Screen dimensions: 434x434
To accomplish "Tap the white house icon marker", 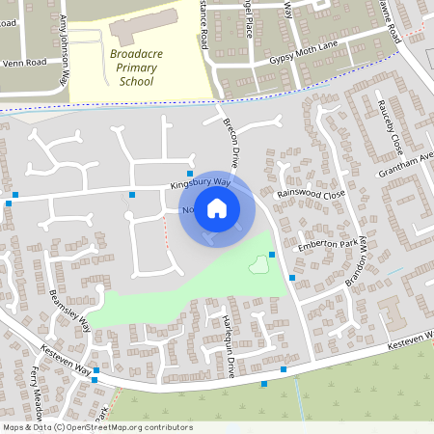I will [217, 208].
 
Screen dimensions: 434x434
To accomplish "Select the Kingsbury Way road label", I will [201, 182].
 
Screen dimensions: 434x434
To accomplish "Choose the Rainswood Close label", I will [311, 194].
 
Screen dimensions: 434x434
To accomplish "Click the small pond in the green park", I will [258, 264].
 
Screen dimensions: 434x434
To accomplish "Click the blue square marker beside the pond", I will [272, 255].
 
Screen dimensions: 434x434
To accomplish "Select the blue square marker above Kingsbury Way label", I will [190, 172].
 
